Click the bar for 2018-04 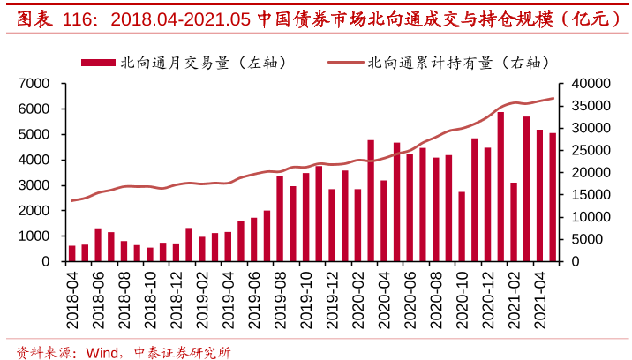(72, 253)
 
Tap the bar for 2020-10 (462, 227)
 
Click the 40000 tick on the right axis (591, 83)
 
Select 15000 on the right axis (591, 194)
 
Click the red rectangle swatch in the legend (98, 62)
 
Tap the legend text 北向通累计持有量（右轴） (458, 62)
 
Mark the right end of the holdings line (553, 98)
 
